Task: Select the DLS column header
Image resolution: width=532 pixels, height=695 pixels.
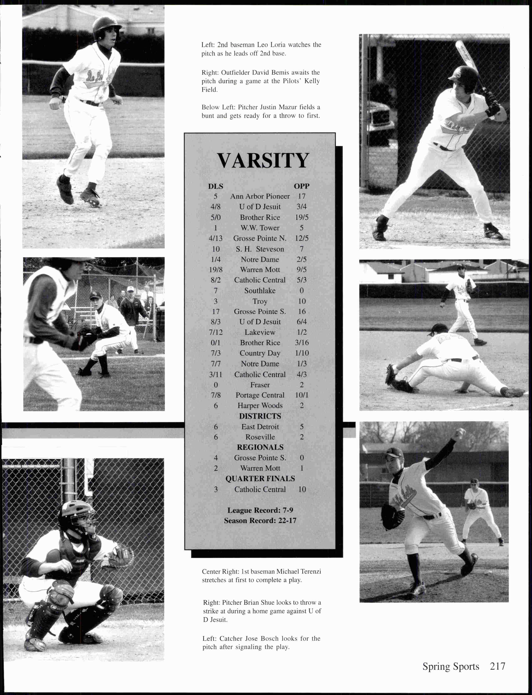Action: (215, 186)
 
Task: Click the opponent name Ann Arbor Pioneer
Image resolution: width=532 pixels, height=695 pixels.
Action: (260, 196)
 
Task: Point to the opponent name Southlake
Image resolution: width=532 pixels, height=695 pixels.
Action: (260, 290)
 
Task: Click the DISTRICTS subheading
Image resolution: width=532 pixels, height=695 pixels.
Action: (260, 416)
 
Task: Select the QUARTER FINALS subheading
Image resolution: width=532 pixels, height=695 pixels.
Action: (260, 479)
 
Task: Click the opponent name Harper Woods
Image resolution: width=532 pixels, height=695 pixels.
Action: (260, 406)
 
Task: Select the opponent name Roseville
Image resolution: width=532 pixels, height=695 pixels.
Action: (260, 437)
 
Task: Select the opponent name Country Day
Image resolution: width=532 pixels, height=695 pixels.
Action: (260, 353)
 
